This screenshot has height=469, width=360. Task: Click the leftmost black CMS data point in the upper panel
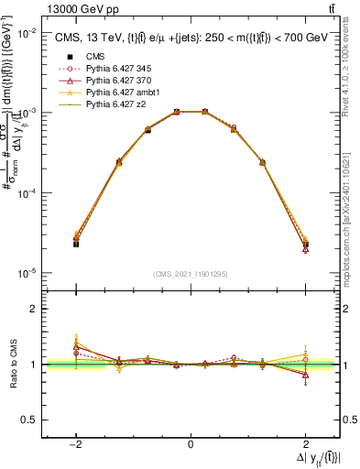(76, 244)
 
